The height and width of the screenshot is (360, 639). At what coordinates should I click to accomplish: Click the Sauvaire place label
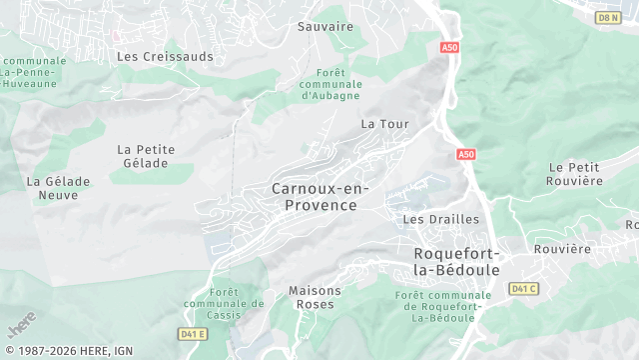pyautogui.click(x=325, y=27)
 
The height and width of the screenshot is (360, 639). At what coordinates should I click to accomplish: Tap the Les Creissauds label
pyautogui.click(x=165, y=57)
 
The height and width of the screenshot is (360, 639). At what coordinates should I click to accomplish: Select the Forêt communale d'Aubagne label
pyautogui.click(x=330, y=84)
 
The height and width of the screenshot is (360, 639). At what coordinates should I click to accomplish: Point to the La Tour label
pyautogui.click(x=385, y=124)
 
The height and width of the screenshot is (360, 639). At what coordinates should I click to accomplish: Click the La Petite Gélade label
pyautogui.click(x=146, y=157)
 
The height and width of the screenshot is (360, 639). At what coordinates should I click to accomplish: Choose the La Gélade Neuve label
pyautogui.click(x=59, y=189)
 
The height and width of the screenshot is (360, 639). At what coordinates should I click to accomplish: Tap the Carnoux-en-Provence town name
pyautogui.click(x=320, y=197)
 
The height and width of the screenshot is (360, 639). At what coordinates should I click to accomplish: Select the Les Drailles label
pyautogui.click(x=440, y=219)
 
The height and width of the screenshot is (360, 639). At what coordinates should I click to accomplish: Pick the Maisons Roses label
pyautogui.click(x=315, y=297)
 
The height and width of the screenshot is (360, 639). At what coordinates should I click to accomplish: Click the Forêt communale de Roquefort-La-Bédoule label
pyautogui.click(x=443, y=306)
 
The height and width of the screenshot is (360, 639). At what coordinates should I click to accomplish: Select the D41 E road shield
pyautogui.click(x=193, y=334)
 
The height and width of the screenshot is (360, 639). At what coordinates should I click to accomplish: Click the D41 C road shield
pyautogui.click(x=523, y=289)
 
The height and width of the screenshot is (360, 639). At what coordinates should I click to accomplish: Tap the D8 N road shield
pyautogui.click(x=607, y=17)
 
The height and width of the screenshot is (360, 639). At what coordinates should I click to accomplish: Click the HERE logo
pyautogui.click(x=20, y=327)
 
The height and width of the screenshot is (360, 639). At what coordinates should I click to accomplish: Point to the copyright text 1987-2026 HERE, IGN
pyautogui.click(x=67, y=351)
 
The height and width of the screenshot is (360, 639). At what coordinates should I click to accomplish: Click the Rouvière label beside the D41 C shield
pyautogui.click(x=562, y=249)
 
